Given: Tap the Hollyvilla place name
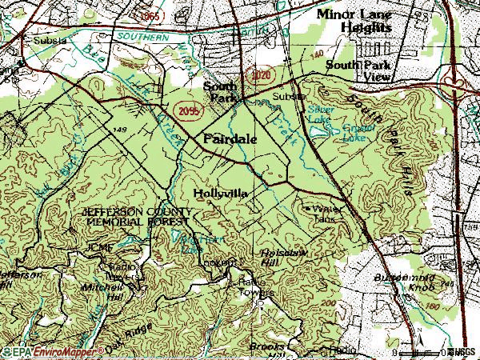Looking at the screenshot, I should [220, 194].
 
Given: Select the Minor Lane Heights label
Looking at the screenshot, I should [355, 21].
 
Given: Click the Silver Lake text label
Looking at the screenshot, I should [321, 110].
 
